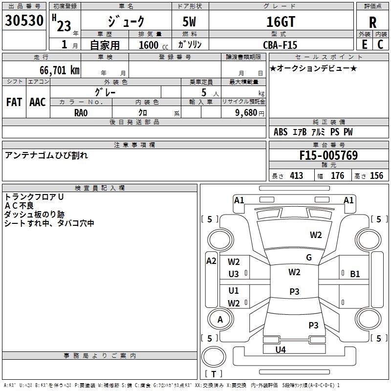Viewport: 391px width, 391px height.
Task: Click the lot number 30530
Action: [24, 22]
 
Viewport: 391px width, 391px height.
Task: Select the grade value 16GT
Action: [280, 22]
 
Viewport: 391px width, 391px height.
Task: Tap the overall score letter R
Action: [372, 22]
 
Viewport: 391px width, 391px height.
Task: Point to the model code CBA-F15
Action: [279, 44]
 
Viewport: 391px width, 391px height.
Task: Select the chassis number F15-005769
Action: [328, 156]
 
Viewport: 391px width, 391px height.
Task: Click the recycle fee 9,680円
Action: [247, 112]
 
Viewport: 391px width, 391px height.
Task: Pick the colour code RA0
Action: [81, 112]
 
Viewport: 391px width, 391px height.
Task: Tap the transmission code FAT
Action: [14, 102]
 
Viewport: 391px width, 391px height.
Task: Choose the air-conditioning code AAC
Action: [38, 102]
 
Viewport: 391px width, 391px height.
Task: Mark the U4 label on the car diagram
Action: [281, 349]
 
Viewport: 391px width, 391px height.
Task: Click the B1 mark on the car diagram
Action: [355, 274]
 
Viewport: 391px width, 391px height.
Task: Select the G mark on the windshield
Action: [309, 258]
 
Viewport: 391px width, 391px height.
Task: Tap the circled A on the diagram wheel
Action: [220, 320]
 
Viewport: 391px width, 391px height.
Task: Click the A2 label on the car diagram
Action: [211, 261]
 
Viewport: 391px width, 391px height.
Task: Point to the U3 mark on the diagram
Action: [234, 274]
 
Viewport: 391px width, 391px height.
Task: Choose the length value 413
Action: [296, 176]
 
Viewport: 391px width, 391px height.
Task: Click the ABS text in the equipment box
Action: [281, 132]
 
